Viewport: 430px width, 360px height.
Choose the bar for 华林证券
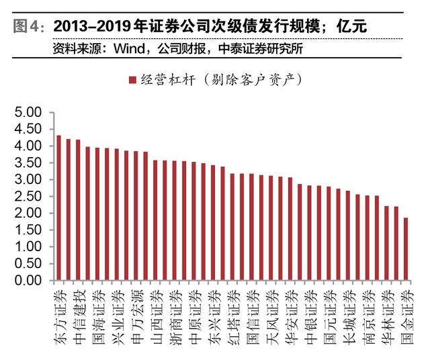386,242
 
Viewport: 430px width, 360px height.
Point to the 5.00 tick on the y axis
28,112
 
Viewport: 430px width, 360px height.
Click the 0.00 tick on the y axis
28,280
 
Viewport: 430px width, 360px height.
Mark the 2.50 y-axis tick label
28,196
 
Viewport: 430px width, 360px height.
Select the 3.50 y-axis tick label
28,163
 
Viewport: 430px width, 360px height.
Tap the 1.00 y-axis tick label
28,246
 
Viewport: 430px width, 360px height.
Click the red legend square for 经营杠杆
132,81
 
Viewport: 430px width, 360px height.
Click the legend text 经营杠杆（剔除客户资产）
222,81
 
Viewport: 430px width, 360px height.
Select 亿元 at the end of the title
352,27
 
